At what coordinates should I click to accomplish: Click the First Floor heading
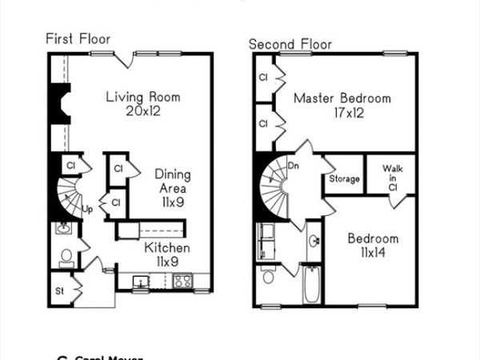click(x=77, y=38)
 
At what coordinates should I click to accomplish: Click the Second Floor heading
click(x=290, y=44)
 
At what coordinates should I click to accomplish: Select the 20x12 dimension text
click(x=143, y=111)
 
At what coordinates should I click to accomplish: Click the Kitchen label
click(x=166, y=248)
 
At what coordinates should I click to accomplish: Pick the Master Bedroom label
click(x=342, y=98)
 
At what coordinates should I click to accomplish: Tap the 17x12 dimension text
click(x=342, y=113)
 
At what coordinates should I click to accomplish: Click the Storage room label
click(x=344, y=179)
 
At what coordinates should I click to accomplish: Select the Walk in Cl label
click(x=392, y=177)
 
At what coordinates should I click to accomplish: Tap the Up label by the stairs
click(x=88, y=210)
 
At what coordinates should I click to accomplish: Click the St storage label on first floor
click(x=59, y=290)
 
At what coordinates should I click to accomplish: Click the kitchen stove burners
click(x=182, y=282)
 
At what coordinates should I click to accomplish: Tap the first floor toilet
click(x=65, y=257)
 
